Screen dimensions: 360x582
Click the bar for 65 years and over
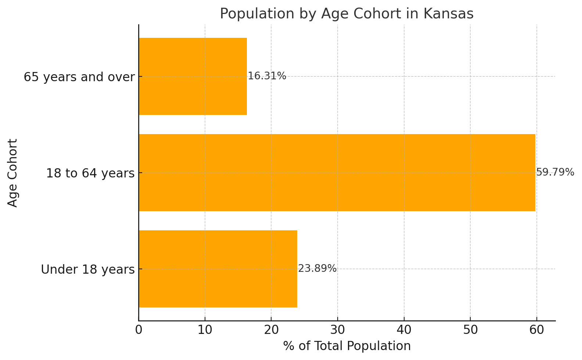(193, 76)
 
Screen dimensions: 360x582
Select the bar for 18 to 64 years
(337, 173)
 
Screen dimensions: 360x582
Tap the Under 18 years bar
(218, 269)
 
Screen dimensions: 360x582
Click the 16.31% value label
(267, 76)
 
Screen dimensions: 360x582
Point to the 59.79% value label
(555, 172)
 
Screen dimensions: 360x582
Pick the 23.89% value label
(317, 269)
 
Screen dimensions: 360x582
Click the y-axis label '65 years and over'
(79, 77)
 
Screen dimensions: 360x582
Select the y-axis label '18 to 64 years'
(90, 173)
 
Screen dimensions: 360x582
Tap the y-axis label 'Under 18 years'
(88, 270)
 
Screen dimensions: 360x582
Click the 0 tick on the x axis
(139, 330)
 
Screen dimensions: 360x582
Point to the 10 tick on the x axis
(205, 330)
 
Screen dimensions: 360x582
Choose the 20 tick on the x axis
(271, 330)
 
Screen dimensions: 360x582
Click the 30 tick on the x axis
(337, 330)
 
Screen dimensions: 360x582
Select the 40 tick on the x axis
(404, 330)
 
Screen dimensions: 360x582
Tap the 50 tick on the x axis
(470, 330)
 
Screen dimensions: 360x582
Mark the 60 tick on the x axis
(536, 330)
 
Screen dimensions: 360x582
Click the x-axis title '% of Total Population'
(347, 346)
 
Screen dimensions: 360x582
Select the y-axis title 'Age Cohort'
(13, 173)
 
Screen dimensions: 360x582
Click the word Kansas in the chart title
(448, 14)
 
